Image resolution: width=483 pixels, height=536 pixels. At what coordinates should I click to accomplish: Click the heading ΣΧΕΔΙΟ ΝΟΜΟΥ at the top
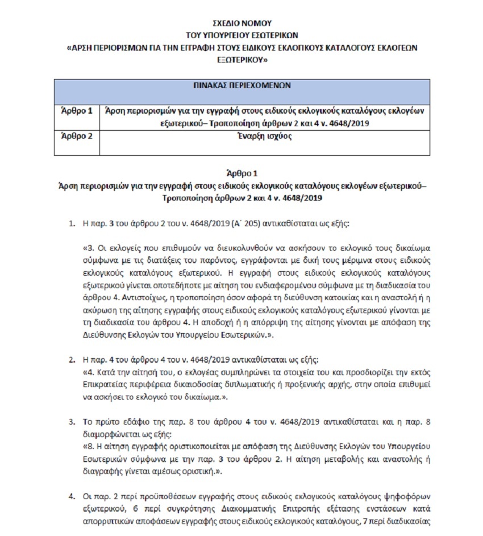(242, 23)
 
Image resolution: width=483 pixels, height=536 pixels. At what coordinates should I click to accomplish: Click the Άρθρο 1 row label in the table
(76, 111)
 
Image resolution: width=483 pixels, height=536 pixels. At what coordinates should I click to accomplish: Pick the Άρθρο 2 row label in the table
(76, 136)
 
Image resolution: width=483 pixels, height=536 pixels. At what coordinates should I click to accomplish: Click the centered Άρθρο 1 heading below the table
(241, 173)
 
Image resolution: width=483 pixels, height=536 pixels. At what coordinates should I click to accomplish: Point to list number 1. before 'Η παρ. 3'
(72, 223)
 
